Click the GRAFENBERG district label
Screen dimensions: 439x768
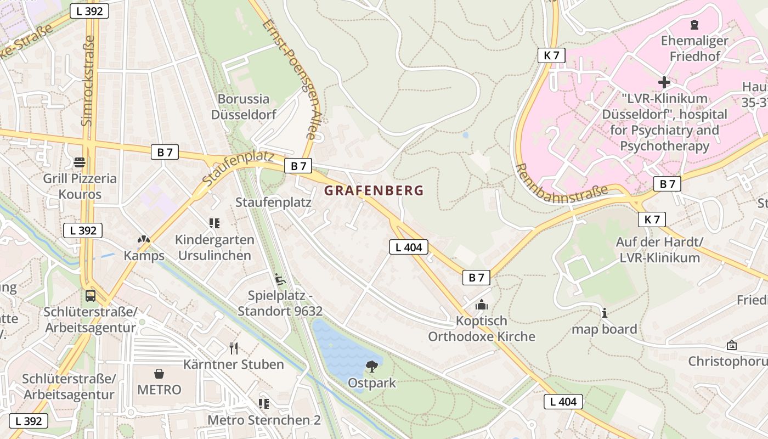pos(374,190)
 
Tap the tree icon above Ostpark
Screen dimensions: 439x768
pos(372,367)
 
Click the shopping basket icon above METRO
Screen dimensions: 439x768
pos(159,374)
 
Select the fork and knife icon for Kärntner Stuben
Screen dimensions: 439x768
pos(234,348)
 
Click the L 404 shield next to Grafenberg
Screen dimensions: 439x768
pos(409,247)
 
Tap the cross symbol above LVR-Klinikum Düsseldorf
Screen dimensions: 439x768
pos(664,82)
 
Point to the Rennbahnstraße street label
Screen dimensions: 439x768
pos(562,183)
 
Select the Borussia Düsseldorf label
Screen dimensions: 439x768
pos(244,107)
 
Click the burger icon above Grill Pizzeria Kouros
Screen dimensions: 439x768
pos(80,162)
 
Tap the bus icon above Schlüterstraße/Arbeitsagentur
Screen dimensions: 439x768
pos(90,296)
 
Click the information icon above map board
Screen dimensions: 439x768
pos(605,313)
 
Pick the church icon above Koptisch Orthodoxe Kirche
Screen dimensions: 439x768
pos(482,305)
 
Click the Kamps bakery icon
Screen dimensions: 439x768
pos(144,240)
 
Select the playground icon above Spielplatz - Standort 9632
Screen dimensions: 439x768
pos(280,279)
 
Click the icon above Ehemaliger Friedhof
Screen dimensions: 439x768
pos(694,25)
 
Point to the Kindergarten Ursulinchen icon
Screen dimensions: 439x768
pos(214,223)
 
